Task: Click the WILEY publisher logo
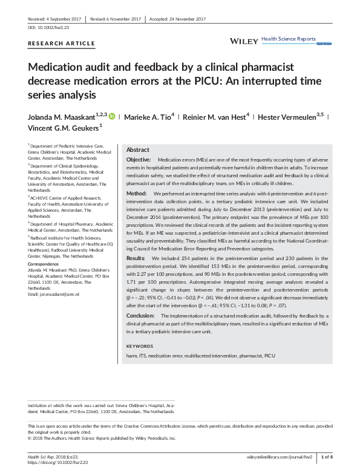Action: click(x=244, y=41)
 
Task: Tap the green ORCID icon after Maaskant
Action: click(x=112, y=116)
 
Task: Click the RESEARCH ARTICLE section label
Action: click(x=62, y=44)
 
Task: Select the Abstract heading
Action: click(x=137, y=149)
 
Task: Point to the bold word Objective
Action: click(x=139, y=158)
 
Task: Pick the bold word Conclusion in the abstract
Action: click(x=140, y=316)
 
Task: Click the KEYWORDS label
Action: click(x=140, y=345)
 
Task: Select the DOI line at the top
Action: click(x=50, y=28)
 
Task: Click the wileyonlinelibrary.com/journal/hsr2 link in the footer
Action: click(x=280, y=456)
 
